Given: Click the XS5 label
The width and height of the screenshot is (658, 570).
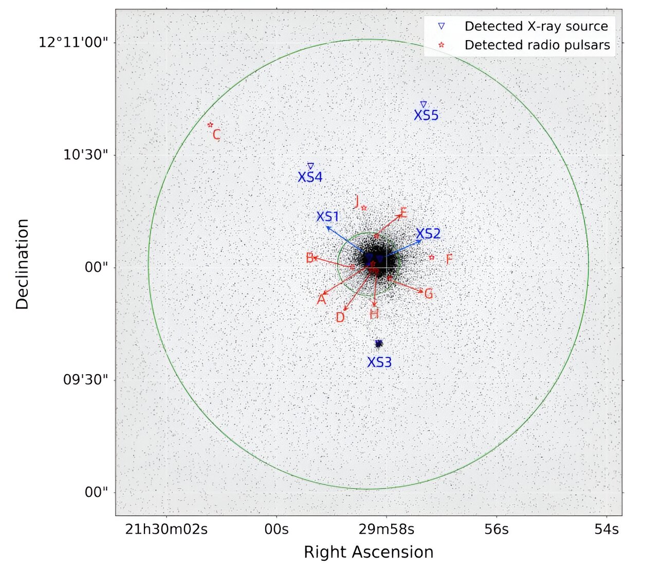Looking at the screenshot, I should [x=426, y=115].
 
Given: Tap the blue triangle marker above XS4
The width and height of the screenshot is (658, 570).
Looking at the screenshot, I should [x=310, y=166].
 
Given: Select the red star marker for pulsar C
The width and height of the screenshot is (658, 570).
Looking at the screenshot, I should [x=210, y=125].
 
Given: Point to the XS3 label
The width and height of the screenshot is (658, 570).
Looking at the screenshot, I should [x=379, y=362].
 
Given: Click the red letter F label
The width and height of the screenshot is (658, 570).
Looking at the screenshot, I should [x=449, y=259].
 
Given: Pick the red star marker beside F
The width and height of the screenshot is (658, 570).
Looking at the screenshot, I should [x=432, y=257].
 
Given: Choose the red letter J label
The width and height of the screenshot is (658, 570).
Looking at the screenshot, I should [x=357, y=202].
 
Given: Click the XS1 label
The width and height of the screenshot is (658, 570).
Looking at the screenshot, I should [x=328, y=216].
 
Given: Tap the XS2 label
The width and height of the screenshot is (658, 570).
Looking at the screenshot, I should [x=428, y=234].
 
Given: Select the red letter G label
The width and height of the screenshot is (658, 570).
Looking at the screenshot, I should [x=428, y=294].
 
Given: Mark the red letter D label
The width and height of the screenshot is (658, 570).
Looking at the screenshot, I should [x=340, y=318].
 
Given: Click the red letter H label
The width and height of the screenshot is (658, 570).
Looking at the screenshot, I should [x=374, y=314].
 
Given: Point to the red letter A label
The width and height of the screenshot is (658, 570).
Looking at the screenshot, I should [x=321, y=299].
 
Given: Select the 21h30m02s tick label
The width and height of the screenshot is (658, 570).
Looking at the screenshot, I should [x=166, y=529].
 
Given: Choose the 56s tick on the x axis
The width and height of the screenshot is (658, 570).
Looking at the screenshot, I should [x=497, y=529].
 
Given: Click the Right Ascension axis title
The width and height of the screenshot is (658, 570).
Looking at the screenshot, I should [x=369, y=552].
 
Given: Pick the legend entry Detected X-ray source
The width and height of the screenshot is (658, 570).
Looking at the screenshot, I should [x=536, y=26].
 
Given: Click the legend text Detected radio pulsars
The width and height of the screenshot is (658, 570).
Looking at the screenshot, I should [x=537, y=45].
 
